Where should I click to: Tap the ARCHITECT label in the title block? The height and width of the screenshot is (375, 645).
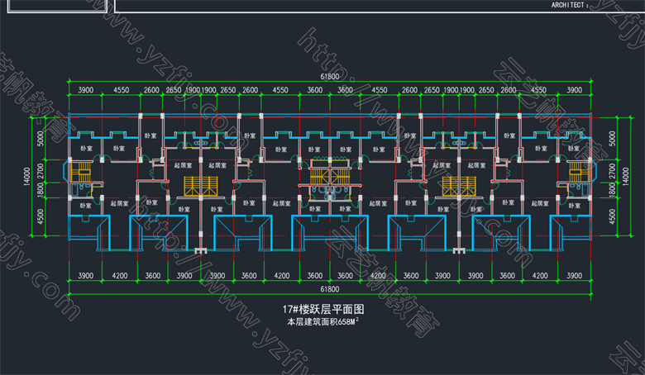click(571, 5)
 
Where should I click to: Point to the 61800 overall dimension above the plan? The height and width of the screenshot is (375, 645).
click(330, 78)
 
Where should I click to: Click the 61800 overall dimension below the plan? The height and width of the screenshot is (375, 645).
click(330, 289)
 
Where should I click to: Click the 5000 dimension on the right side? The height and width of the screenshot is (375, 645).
click(613, 137)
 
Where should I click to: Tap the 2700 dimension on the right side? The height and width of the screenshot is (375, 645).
click(613, 172)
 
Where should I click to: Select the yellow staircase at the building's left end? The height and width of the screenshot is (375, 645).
click(80, 173)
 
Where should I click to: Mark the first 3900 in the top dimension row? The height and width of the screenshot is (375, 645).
click(84, 89)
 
